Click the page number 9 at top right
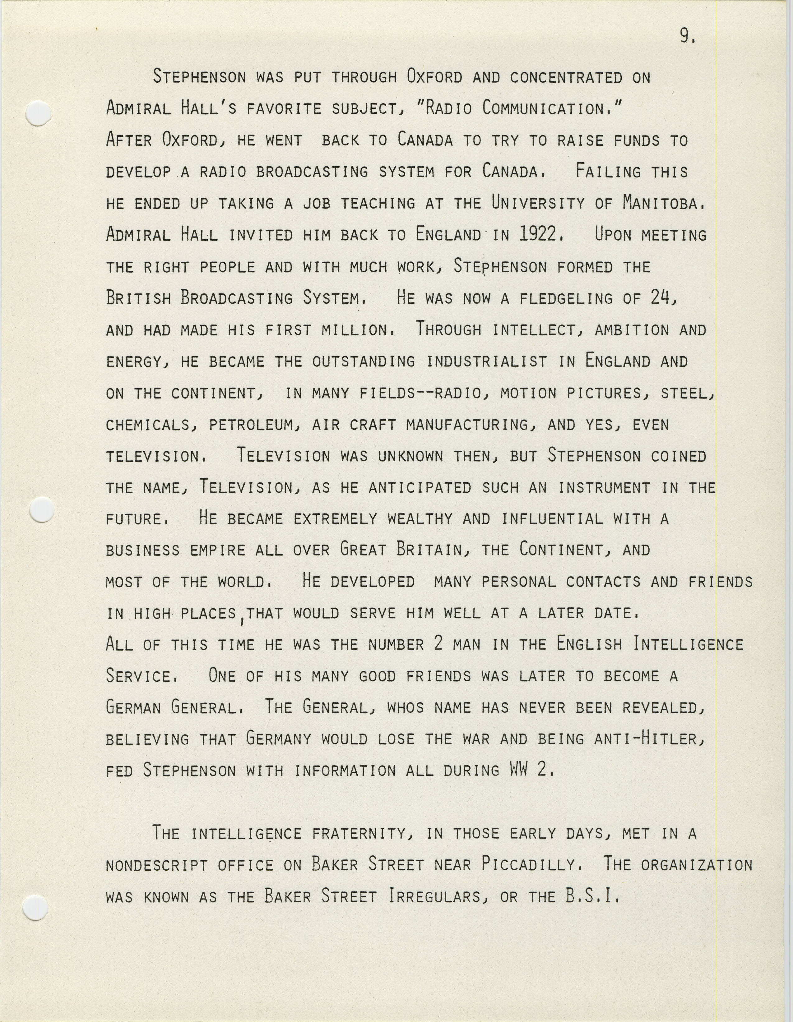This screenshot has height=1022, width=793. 687,35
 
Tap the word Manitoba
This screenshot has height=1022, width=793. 664,203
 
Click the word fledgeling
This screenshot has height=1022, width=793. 565,298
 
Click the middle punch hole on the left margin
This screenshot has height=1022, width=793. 41,509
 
